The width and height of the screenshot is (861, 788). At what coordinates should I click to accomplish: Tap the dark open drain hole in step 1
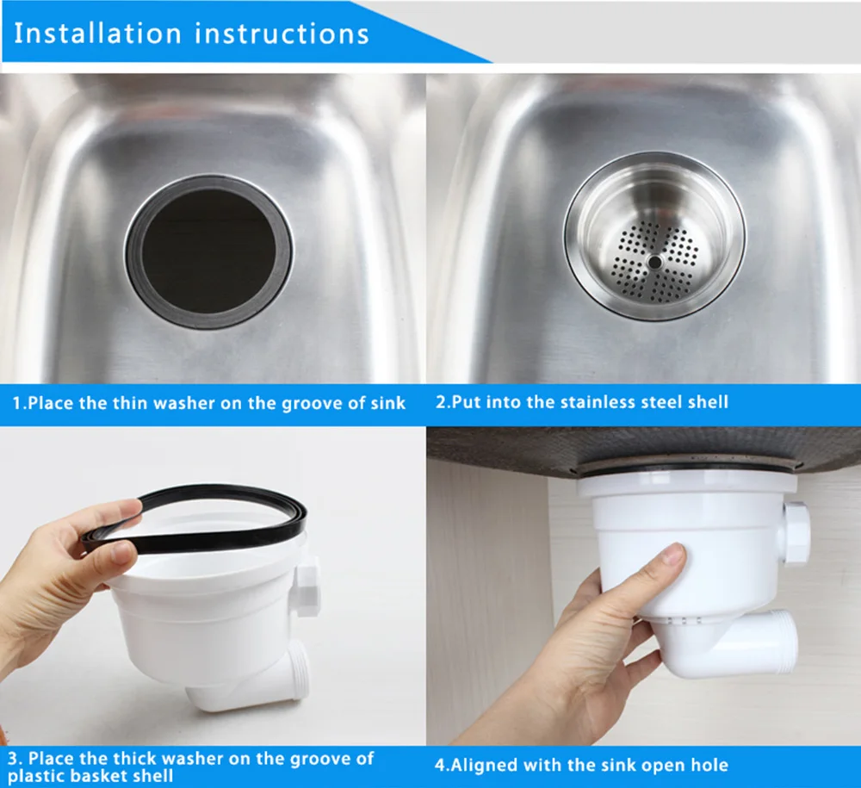[x=208, y=251]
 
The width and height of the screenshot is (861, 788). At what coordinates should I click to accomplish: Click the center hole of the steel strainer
[x=654, y=263]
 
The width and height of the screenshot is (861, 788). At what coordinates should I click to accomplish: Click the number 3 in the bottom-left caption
[x=14, y=759]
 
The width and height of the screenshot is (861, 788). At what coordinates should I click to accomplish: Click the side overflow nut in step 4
[x=796, y=533]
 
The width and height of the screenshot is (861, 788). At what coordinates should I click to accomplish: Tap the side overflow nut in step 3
[x=307, y=586]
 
